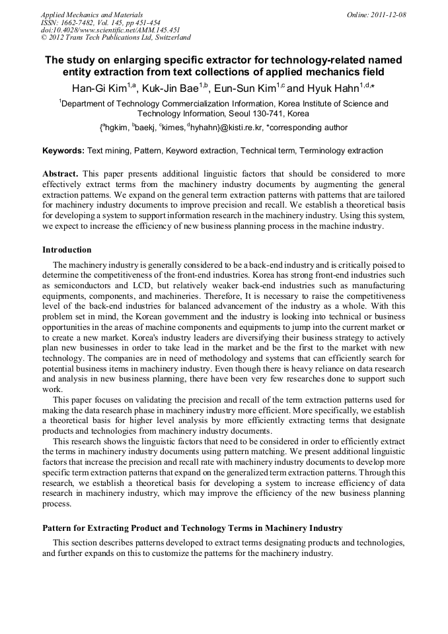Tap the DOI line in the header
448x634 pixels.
pyautogui.click(x=110, y=30)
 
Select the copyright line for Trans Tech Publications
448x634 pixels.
pyautogui.click(x=116, y=38)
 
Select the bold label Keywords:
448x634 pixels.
pyautogui.click(x=63, y=151)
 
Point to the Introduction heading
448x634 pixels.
pyautogui.click(x=67, y=250)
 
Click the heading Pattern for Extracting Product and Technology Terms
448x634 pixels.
pyautogui.click(x=192, y=528)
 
